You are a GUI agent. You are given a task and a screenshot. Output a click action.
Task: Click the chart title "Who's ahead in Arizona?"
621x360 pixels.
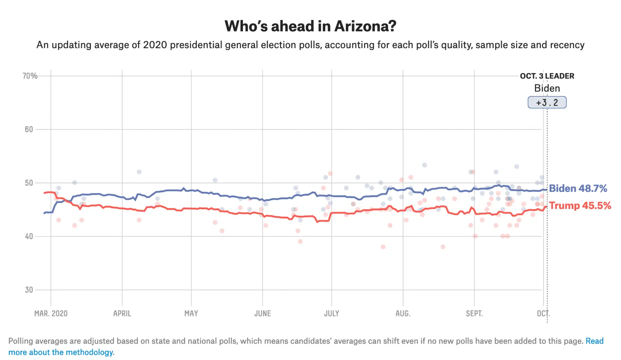[x=310, y=26]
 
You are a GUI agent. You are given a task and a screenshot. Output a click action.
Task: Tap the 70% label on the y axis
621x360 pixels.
[x=30, y=76]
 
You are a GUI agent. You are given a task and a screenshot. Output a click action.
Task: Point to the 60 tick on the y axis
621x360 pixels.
[x=29, y=129]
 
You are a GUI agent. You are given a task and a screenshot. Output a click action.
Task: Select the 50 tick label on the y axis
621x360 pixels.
[x=29, y=183]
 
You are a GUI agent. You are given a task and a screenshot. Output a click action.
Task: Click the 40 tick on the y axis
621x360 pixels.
[x=29, y=236]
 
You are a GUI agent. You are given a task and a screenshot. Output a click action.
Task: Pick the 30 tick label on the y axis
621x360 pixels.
[x=29, y=290]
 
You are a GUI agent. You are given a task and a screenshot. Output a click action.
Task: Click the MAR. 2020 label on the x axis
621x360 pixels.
[x=51, y=313]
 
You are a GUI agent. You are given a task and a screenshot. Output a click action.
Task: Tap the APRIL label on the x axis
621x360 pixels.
[x=122, y=313]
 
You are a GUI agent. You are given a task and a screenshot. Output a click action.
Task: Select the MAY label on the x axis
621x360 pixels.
[x=191, y=313]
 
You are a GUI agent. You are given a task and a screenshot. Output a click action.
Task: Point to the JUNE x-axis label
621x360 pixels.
[x=263, y=313]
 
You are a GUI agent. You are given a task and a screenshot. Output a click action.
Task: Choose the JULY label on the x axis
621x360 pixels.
[x=332, y=313]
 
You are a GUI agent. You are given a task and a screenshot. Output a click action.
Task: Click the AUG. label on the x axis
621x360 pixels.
[x=403, y=313]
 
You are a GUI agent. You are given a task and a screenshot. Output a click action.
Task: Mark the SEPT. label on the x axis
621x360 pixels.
[x=474, y=313]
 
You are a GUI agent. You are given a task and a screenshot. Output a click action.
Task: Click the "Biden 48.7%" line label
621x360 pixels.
[x=578, y=188]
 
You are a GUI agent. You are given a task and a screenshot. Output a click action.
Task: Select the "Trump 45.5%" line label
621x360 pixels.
[x=580, y=205]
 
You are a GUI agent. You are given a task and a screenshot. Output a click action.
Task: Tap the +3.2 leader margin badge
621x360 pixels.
[x=547, y=103]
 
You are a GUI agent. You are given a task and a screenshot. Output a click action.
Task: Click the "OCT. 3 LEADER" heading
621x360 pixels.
[x=547, y=76]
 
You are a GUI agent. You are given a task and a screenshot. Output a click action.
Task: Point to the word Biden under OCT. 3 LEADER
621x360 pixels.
[x=547, y=88]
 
